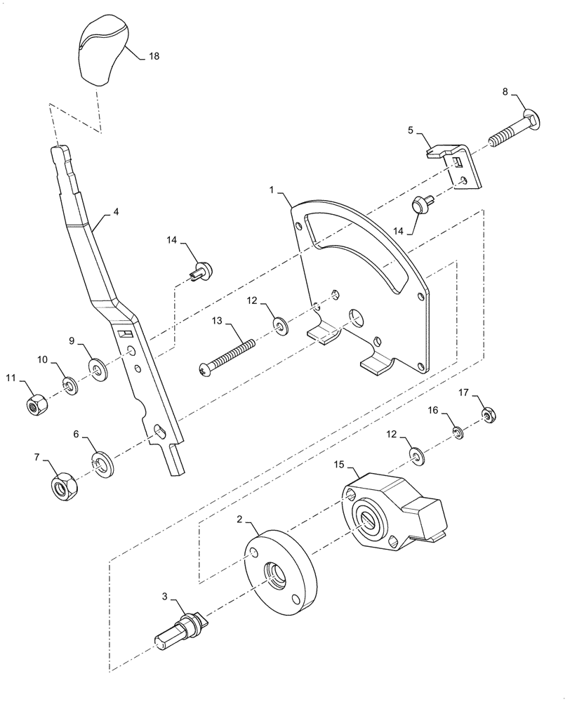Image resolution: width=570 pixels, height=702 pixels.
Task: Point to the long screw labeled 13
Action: [228, 355]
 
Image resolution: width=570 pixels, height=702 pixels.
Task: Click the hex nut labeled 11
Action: [34, 405]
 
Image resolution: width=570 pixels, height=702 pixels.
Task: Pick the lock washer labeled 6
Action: [102, 463]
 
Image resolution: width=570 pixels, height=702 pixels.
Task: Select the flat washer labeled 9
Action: [96, 367]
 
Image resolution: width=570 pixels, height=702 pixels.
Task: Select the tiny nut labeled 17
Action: [489, 417]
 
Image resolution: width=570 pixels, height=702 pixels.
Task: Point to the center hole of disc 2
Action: [274, 574]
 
